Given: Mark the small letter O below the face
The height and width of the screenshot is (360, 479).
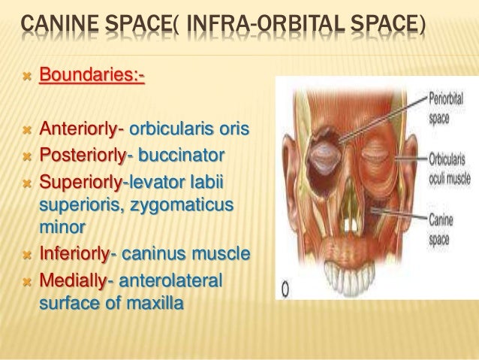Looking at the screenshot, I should coord(287,289).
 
